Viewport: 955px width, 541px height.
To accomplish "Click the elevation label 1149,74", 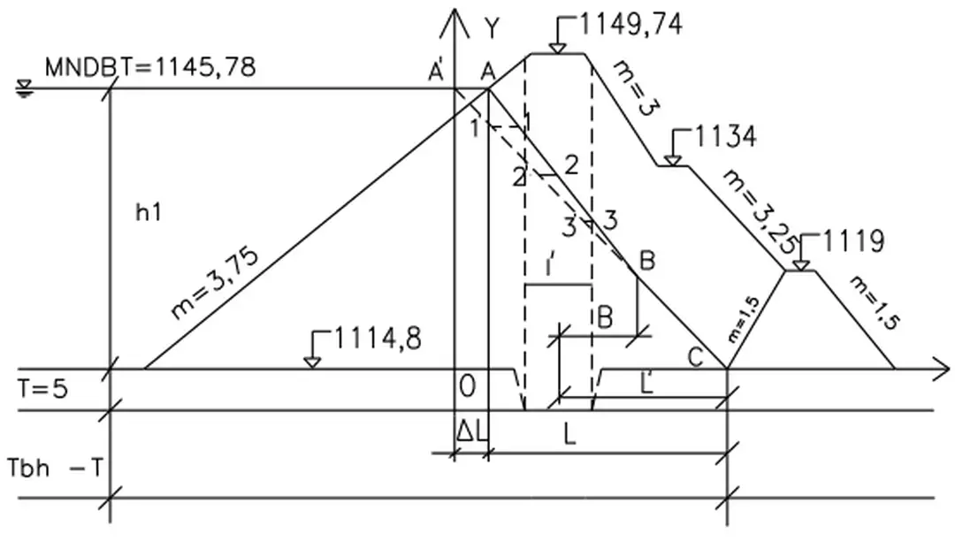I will [630, 25].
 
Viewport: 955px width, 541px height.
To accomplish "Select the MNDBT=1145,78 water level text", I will [151, 66].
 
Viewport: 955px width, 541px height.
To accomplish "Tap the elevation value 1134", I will [726, 137].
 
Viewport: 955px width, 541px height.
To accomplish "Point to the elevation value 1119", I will [853, 240].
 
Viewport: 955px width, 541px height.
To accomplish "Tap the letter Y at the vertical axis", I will [492, 28].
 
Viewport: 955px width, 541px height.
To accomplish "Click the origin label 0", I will [468, 386].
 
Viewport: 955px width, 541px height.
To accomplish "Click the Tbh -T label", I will [55, 466].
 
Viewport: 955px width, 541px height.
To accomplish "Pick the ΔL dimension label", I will [470, 431].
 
